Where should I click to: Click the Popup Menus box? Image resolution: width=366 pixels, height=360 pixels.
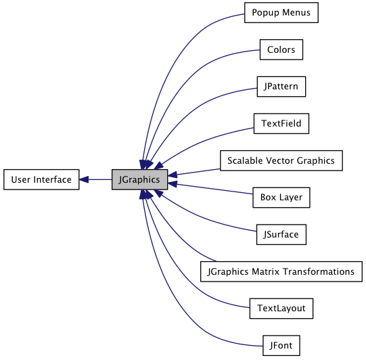pyautogui.click(x=281, y=13)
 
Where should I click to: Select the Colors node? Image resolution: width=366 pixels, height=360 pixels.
pyautogui.click(x=281, y=49)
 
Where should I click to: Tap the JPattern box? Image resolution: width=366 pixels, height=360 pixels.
pyautogui.click(x=281, y=87)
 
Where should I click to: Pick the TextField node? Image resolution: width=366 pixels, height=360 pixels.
pyautogui.click(x=281, y=124)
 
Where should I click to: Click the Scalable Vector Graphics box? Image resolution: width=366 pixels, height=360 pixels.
pyautogui.click(x=281, y=160)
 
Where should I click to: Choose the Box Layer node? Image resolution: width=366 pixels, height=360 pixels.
pyautogui.click(x=281, y=198)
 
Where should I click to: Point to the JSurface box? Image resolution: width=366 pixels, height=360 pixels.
pyautogui.click(x=281, y=235)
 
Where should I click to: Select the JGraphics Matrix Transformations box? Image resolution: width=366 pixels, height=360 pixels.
pyautogui.click(x=281, y=271)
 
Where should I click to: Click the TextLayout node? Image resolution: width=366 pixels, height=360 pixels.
pyautogui.click(x=281, y=309)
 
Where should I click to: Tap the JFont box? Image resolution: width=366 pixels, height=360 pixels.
pyautogui.click(x=281, y=346)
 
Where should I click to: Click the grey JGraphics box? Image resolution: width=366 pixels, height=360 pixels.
pyautogui.click(x=139, y=179)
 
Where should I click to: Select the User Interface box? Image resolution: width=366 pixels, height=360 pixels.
pyautogui.click(x=41, y=179)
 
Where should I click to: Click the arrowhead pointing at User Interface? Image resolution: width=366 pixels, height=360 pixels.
pyautogui.click(x=84, y=179)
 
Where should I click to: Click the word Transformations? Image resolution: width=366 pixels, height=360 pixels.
pyautogui.click(x=319, y=271)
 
